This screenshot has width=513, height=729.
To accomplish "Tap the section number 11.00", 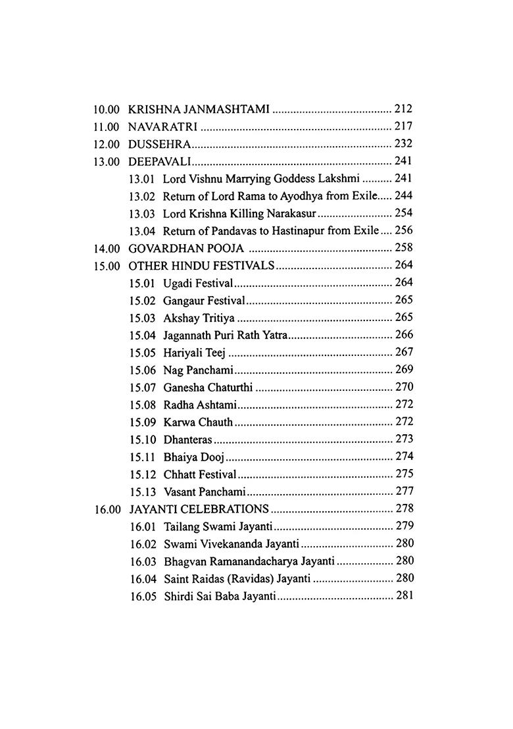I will [x=106, y=126].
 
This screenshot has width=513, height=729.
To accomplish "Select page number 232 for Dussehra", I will [x=403, y=143].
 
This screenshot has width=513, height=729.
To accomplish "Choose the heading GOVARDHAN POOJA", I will [x=186, y=249].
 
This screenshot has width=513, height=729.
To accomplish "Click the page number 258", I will [x=403, y=248].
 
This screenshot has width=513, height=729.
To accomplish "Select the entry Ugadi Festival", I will [x=199, y=283].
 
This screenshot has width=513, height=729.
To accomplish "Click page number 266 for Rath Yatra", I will [x=404, y=335].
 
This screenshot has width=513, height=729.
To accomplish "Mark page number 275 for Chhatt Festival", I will [x=404, y=474].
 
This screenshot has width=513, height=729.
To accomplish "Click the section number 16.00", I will [x=106, y=509].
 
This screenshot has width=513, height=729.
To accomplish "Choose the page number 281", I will [x=404, y=595].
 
